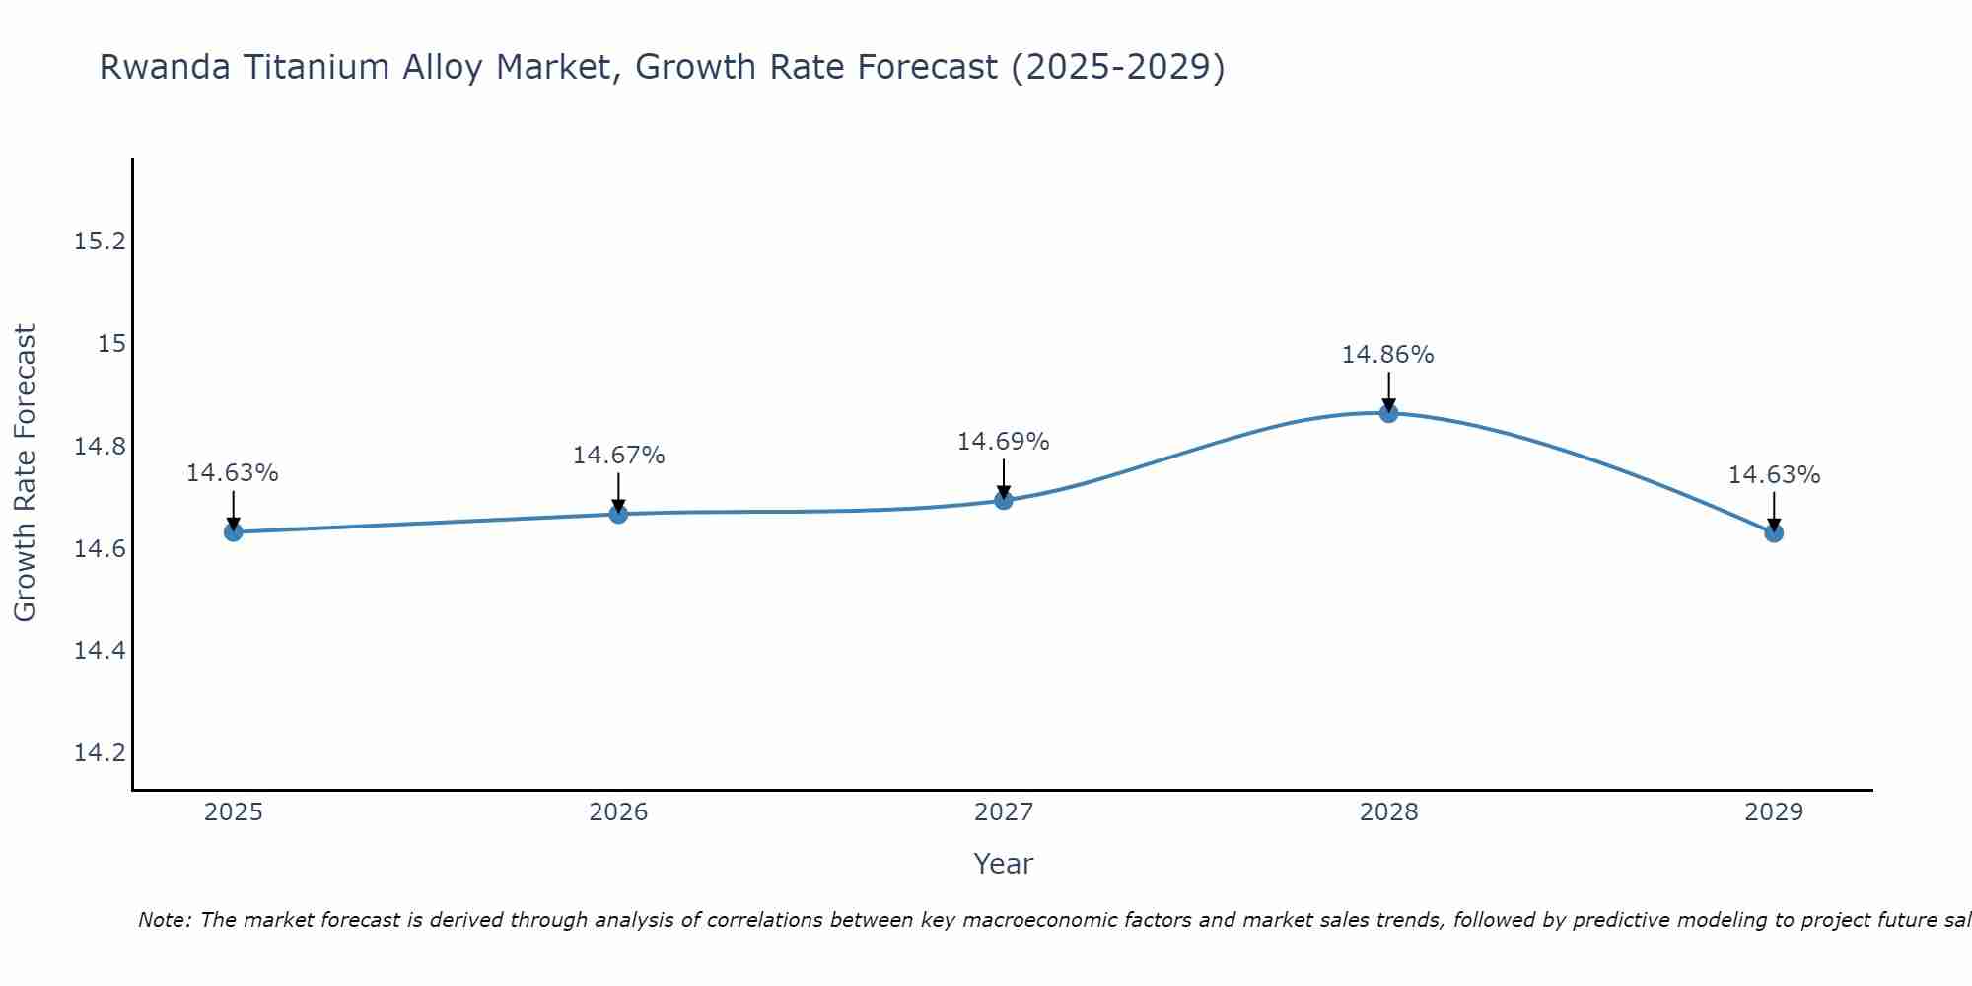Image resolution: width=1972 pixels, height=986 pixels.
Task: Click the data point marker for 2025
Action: [233, 532]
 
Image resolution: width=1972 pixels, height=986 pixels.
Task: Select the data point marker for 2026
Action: [618, 514]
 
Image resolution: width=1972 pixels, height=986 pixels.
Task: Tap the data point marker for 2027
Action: [1004, 500]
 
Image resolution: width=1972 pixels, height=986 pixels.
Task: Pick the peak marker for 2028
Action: [1388, 413]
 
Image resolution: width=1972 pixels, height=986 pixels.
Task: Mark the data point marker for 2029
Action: [1774, 532]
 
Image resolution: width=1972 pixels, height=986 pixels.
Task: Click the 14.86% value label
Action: [1387, 355]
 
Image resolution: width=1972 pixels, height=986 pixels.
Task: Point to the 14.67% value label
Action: [618, 456]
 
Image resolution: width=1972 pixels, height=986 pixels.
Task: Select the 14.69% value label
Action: [1003, 442]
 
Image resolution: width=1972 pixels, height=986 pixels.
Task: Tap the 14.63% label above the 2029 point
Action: [1774, 475]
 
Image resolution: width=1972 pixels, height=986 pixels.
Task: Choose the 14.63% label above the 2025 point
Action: [233, 473]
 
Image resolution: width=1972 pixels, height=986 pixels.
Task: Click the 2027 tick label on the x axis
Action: [1004, 812]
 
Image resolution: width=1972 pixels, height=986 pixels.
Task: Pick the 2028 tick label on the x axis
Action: [1388, 812]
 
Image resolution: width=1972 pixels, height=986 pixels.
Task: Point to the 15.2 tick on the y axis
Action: [101, 242]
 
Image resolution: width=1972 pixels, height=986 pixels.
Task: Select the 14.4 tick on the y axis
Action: [101, 651]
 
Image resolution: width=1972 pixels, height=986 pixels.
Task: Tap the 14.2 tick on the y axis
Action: [101, 753]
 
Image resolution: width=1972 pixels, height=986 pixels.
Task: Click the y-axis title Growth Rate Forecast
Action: [25, 473]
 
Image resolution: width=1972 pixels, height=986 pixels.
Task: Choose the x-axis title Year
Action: [1004, 864]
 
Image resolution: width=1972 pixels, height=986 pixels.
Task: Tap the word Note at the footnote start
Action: [165, 920]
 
